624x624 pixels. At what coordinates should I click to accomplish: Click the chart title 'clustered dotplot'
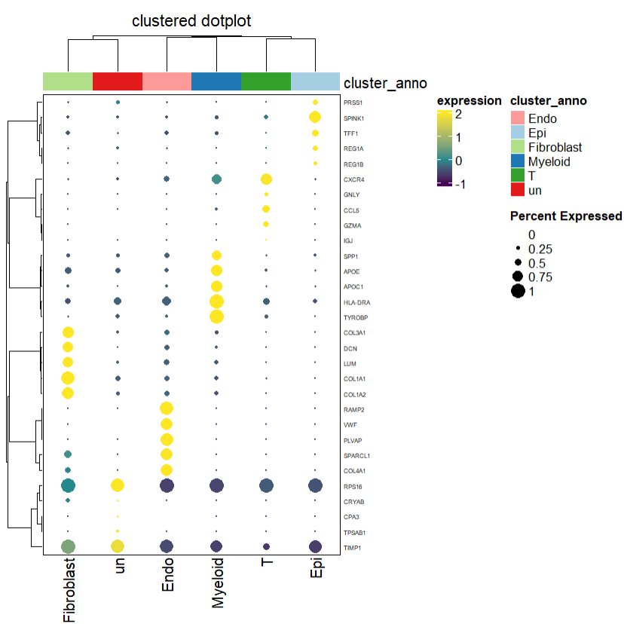[191, 21]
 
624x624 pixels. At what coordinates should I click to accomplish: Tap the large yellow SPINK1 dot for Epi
[315, 117]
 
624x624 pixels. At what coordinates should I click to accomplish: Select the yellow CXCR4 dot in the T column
[265, 179]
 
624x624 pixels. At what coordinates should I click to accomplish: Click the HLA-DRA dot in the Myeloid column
[216, 301]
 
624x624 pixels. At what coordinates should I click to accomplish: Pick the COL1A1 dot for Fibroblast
[68, 378]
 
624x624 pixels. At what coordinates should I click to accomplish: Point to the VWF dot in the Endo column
[167, 424]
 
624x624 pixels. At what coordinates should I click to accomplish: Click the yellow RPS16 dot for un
[118, 485]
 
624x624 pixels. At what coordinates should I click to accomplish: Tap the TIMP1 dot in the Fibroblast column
[68, 547]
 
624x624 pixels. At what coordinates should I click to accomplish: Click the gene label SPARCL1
[357, 455]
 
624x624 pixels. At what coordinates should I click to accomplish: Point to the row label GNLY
[351, 194]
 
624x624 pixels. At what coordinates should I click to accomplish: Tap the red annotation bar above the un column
[118, 81]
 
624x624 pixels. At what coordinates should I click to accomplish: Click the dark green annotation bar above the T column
[265, 81]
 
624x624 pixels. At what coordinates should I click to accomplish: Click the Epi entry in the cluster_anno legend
[537, 133]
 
